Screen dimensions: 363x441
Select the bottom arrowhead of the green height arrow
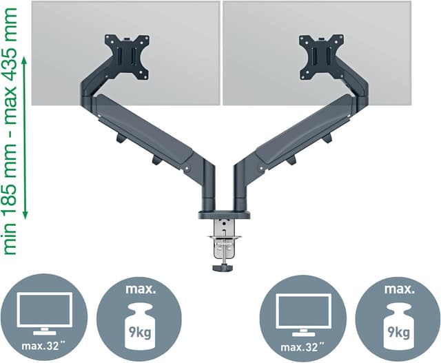coord(25,215)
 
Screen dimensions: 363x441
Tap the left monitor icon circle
coord(44,316)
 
